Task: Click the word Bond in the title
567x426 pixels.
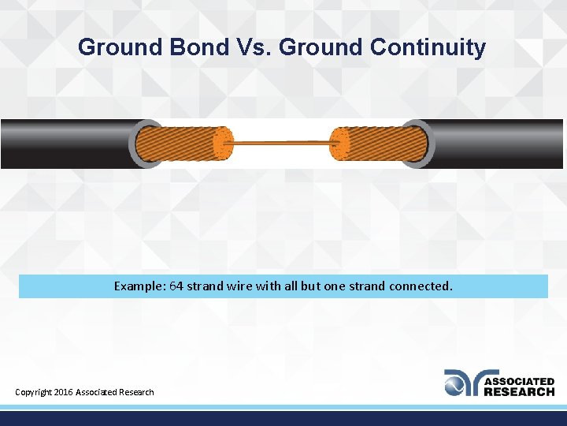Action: [198, 47]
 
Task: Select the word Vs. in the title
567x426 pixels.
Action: [254, 47]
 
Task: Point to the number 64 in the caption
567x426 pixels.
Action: [176, 286]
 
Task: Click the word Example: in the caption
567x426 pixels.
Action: [139, 286]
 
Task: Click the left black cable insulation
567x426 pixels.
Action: [63, 144]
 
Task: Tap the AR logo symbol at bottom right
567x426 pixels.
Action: [461, 383]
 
